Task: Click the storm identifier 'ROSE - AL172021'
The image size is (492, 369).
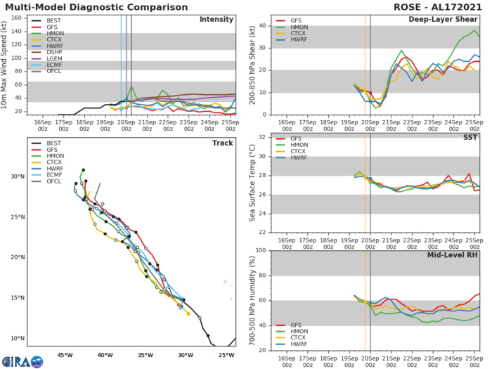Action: point(446,7)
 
